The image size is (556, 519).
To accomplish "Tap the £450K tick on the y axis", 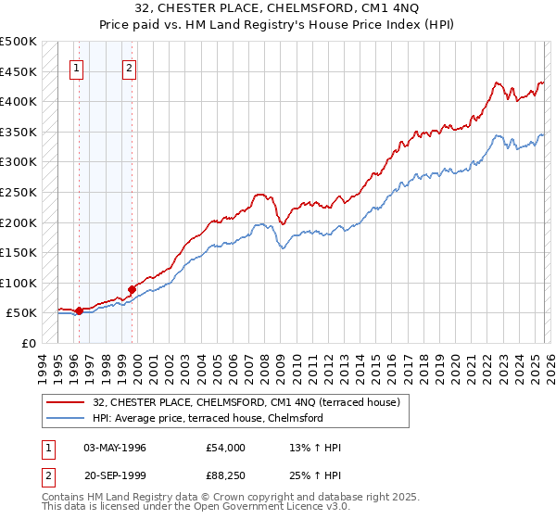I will click(19, 71).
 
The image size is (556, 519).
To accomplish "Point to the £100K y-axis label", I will click(19, 283).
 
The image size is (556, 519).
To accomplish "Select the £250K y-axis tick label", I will click(19, 192).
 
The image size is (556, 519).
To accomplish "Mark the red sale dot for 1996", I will click(80, 310).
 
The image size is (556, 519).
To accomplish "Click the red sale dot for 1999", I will click(133, 290).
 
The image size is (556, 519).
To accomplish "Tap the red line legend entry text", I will click(246, 402).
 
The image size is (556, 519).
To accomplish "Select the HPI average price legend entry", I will click(207, 418).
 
